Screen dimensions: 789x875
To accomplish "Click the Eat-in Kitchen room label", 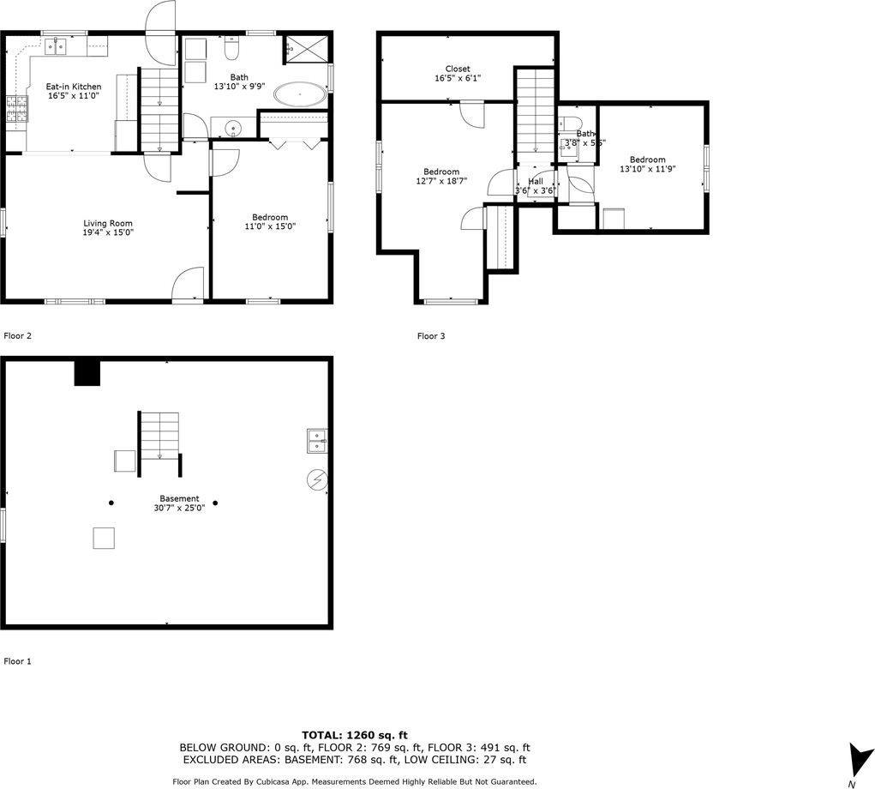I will (x=74, y=87).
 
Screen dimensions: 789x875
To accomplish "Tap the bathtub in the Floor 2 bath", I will (x=300, y=94).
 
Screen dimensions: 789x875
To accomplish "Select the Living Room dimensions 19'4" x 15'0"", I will (x=108, y=232).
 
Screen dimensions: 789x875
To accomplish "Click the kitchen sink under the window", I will (x=57, y=48).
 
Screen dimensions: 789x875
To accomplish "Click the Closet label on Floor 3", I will (x=457, y=69).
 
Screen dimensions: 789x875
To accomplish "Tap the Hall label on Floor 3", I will (x=535, y=181).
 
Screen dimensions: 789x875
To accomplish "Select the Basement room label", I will (x=179, y=498).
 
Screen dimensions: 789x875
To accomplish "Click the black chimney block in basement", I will (x=87, y=373).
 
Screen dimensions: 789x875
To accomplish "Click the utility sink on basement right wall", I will (x=317, y=440).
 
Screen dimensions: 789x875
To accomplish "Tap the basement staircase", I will (x=159, y=437).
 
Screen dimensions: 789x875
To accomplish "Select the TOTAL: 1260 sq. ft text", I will (x=355, y=735).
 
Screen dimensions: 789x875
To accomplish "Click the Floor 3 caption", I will (x=431, y=336).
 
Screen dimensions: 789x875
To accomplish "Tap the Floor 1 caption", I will (x=18, y=661).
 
